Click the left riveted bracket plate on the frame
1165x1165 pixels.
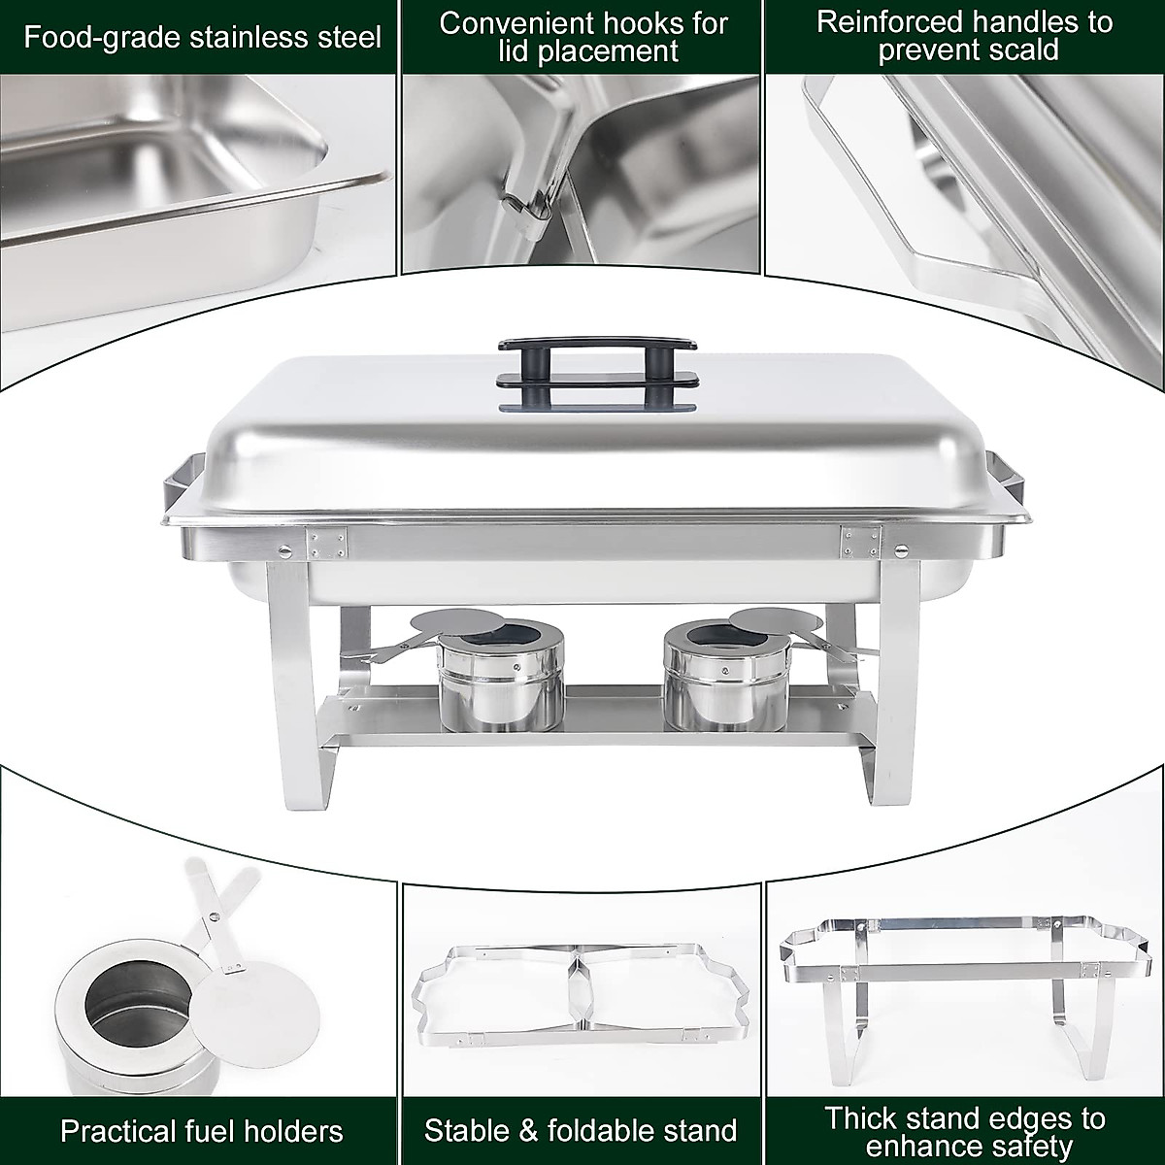point(327,543)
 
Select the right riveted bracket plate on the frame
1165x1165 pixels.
point(860,541)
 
